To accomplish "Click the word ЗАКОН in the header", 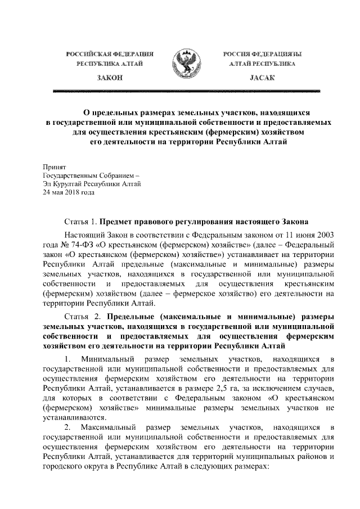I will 110,79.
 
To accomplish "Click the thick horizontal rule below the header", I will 186,90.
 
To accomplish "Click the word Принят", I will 55,168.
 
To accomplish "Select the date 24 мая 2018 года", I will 69,192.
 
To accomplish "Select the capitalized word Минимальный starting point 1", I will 107,359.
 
